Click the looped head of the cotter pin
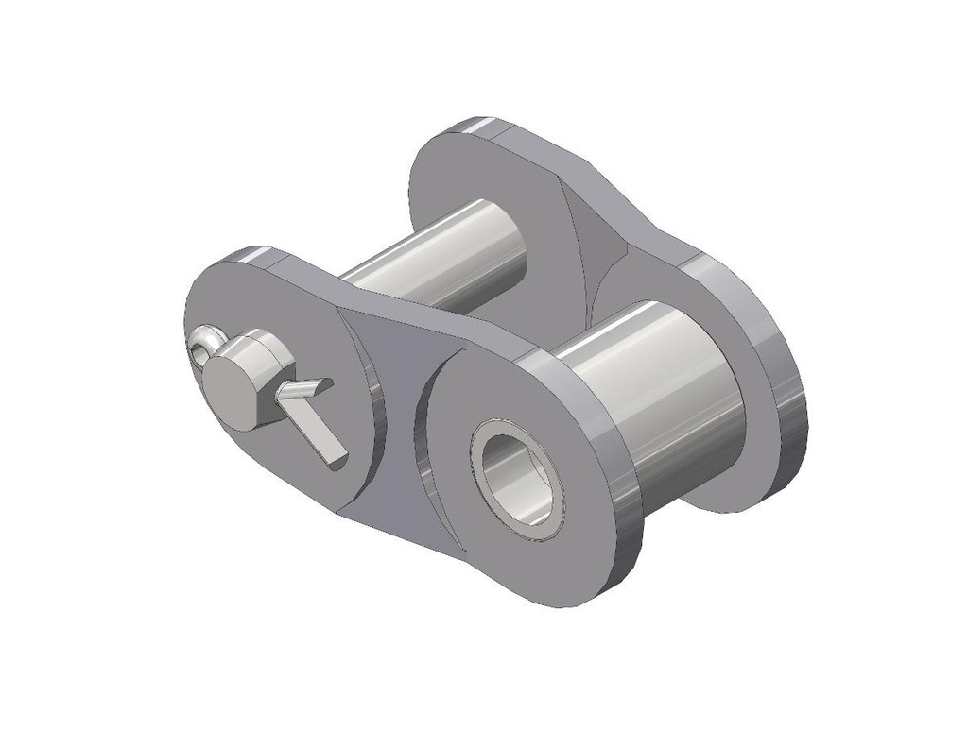(x=202, y=344)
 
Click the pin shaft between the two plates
(x=435, y=260)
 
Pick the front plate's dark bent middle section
(x=388, y=378)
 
